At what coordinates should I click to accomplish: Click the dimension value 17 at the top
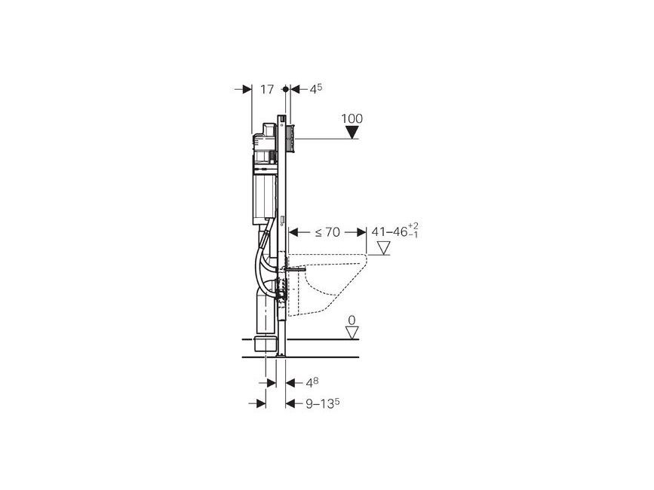267,90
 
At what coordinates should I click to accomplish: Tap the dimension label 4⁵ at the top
315,89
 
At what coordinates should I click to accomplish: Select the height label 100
352,119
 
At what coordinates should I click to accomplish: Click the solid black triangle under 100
352,133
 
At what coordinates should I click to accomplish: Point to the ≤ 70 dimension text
327,232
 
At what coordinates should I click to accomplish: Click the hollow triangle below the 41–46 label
382,248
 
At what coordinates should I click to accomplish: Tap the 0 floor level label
352,320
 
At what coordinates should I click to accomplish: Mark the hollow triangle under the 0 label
352,333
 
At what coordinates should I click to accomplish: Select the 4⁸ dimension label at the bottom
313,382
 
